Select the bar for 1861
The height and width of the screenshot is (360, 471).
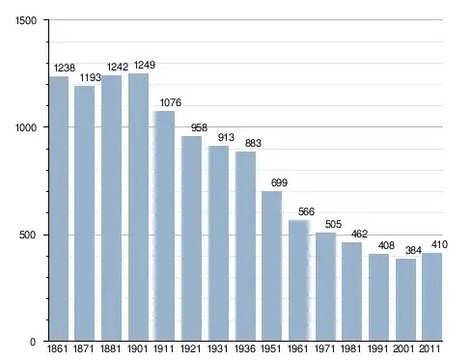pos(59,208)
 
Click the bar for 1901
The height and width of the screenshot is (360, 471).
pos(138,208)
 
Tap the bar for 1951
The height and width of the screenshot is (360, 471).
pos(271,266)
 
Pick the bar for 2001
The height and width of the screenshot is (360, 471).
pos(405,300)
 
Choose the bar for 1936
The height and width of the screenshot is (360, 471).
pos(245,246)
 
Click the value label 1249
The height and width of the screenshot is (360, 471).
pos(145,66)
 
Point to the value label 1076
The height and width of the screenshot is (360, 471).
pos(171,103)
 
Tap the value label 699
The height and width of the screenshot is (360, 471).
pos(279,182)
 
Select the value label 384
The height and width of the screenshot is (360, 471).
pos(413,250)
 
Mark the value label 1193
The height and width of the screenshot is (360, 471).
pos(91,78)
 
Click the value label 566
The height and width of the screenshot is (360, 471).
pos(306,211)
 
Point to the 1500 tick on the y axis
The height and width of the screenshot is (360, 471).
pos(26,20)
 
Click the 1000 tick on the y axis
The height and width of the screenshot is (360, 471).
pos(26,127)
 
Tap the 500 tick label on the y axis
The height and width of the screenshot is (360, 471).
pos(27,235)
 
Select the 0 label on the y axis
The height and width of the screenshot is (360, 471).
pos(33,342)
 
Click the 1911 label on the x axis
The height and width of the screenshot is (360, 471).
pos(163,348)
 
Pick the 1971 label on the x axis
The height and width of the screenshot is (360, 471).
pos(324,348)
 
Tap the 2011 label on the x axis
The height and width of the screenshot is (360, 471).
pos(429,348)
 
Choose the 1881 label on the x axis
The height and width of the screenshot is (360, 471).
pos(110,348)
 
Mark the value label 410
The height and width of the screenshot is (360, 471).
pos(439,245)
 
